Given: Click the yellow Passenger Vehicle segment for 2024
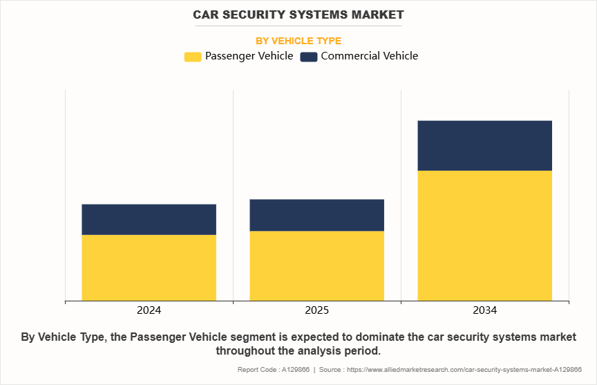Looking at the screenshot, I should [149, 267].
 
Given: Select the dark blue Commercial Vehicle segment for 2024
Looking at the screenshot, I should [149, 219].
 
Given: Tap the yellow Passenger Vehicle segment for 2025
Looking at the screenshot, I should [316, 265].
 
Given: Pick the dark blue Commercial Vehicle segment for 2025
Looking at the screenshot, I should [316, 215].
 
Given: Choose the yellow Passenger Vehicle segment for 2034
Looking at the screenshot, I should [484, 235].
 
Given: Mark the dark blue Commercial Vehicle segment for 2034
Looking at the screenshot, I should [484, 145].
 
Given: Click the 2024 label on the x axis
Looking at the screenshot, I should [149, 310].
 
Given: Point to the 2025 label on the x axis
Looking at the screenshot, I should [316, 310].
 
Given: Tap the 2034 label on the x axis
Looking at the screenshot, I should [484, 310].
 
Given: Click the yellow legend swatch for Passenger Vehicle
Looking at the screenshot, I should [193, 57].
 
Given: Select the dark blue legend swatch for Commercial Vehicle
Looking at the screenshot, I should [309, 57].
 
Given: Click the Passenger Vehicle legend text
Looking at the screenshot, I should [249, 56].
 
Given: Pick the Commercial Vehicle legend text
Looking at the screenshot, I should [370, 56].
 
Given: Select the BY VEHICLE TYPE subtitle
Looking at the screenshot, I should [298, 41].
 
